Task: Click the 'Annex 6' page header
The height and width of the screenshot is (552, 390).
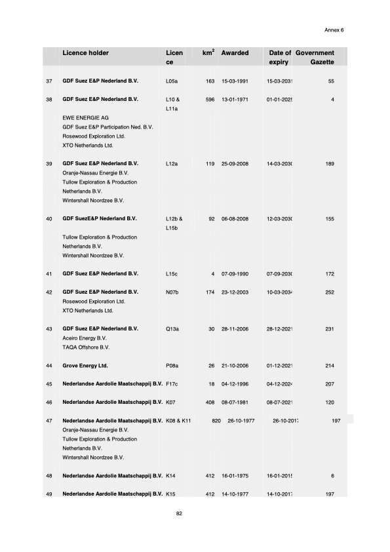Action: tap(334, 30)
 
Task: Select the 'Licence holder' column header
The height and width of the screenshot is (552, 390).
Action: tap(85, 52)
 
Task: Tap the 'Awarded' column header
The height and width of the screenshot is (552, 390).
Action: tap(235, 52)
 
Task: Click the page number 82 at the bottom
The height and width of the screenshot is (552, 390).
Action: tap(180, 513)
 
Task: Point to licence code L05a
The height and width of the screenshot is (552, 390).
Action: tap(173, 81)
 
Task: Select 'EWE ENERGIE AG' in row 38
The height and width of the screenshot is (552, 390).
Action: tap(85, 117)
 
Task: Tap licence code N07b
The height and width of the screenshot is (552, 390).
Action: tap(174, 291)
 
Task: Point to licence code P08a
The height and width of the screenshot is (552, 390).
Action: tap(174, 365)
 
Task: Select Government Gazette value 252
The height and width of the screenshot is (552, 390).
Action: tap(330, 291)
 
